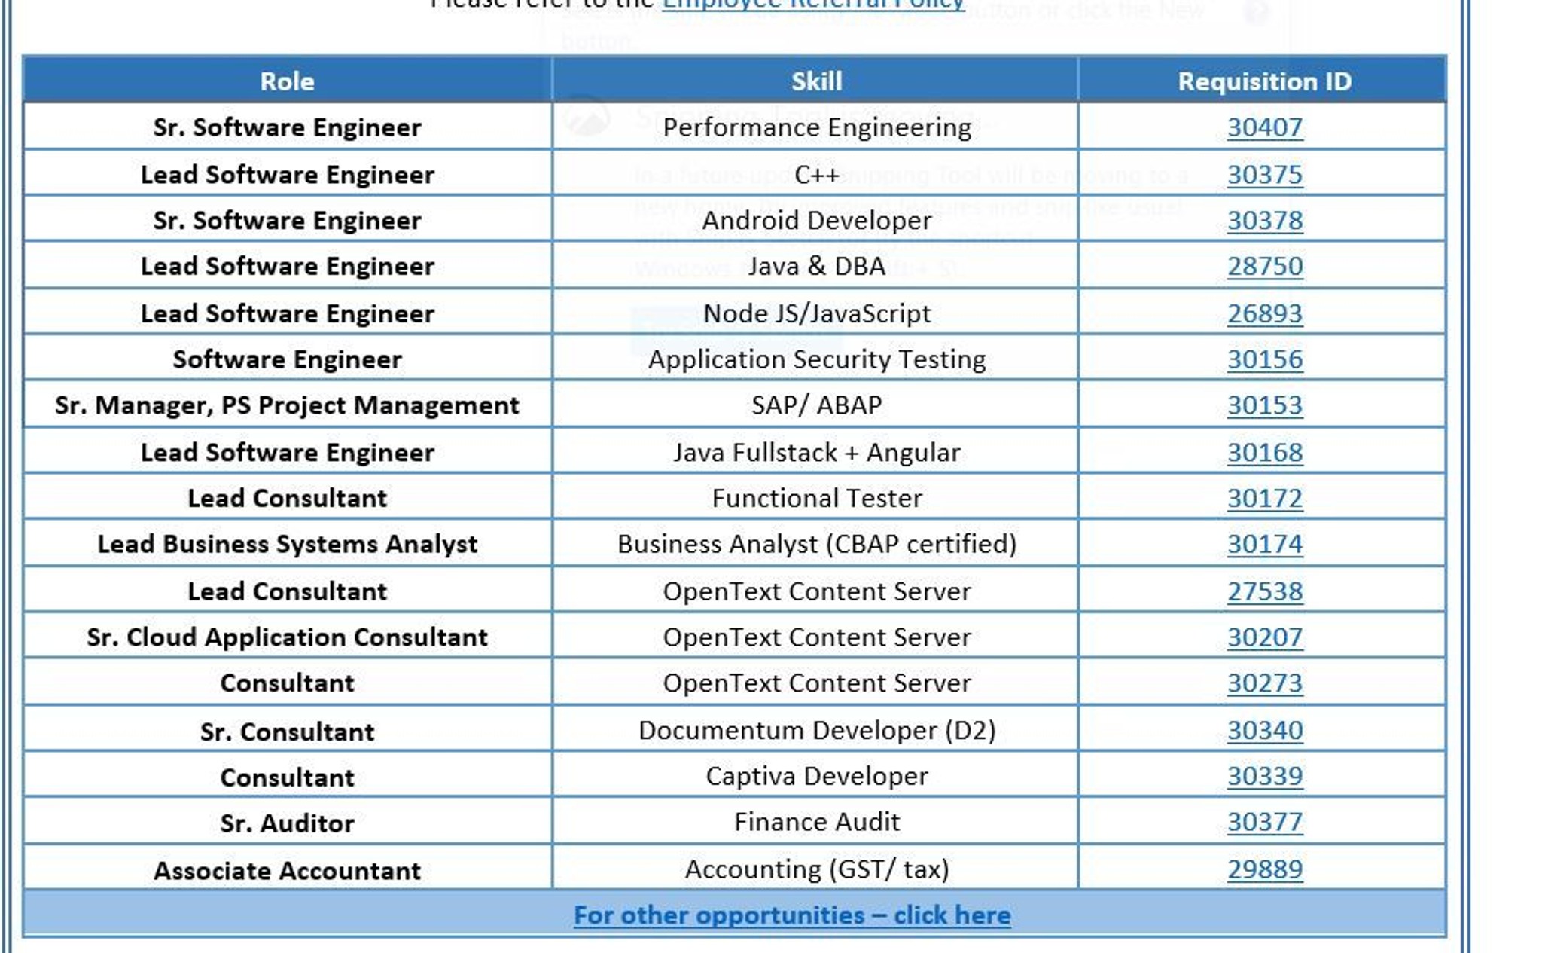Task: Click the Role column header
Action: tap(287, 81)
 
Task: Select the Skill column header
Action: tap(816, 81)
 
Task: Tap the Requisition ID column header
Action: tap(1264, 81)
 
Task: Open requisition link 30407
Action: tap(1264, 127)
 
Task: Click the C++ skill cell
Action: tap(816, 175)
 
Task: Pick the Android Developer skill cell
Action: tap(816, 221)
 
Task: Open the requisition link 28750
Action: tap(1264, 267)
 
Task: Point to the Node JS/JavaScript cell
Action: tap(816, 313)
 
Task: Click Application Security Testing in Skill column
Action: tap(816, 359)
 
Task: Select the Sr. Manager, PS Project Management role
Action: tap(287, 405)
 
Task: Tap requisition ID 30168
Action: tap(1264, 453)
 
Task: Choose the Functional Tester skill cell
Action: tap(816, 499)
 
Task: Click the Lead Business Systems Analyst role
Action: tap(287, 545)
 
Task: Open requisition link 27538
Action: tap(1264, 591)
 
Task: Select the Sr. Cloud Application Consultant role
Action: tap(287, 637)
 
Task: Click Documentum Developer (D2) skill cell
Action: tap(816, 731)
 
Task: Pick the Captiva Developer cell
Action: tap(816, 777)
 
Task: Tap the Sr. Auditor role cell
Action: tap(287, 823)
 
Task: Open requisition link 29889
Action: tap(1264, 869)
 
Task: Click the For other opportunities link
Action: tap(791, 915)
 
